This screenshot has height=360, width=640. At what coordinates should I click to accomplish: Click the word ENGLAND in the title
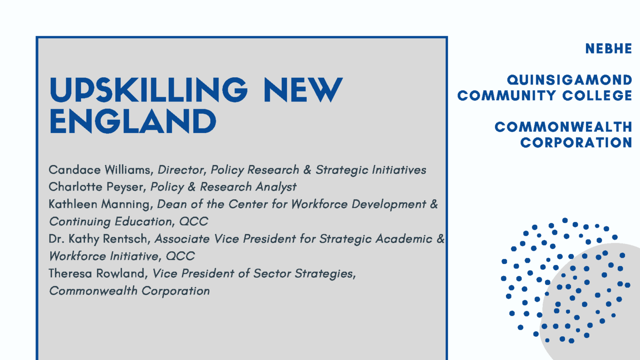point(133,121)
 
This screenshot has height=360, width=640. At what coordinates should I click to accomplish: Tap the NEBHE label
point(608,49)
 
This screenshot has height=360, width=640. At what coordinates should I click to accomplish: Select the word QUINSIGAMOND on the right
point(570,80)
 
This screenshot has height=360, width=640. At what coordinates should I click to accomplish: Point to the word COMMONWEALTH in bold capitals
point(563,127)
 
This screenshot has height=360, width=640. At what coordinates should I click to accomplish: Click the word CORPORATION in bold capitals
point(576,143)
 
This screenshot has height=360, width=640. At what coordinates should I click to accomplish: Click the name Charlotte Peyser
point(97,187)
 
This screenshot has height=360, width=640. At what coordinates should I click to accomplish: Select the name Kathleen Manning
point(100,204)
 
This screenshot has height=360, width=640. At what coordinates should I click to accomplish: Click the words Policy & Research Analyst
point(224,187)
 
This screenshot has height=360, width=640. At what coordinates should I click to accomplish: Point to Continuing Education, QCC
point(128,222)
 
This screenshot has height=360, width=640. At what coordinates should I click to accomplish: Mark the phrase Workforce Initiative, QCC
point(122,256)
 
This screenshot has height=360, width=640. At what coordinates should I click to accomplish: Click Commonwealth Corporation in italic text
point(129,291)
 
